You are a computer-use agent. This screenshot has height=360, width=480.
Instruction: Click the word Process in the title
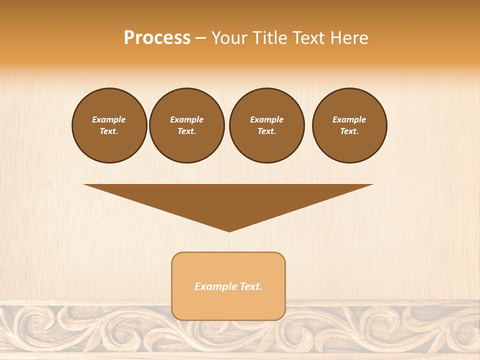coord(157,38)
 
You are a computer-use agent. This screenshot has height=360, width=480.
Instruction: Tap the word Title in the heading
coord(270,38)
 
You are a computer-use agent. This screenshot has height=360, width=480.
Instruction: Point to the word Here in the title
coord(349,38)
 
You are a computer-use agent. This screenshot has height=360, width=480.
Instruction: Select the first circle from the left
coord(109,125)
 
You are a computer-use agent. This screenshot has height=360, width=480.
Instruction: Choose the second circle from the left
coord(187,125)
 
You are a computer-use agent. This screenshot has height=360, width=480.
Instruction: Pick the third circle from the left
coord(267,125)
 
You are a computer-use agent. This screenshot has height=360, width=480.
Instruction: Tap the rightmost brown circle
coord(349,125)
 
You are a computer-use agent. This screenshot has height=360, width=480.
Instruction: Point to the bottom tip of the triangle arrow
coord(229,230)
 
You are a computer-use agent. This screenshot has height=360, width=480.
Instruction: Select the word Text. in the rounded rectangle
coord(251,286)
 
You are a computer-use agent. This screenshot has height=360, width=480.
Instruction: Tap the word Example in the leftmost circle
coord(109,119)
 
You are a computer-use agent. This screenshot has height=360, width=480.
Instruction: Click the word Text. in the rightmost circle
coord(349,131)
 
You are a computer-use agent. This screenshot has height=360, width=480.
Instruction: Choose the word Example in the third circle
coord(267,119)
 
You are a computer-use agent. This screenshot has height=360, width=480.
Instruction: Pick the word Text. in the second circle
coord(187,131)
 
